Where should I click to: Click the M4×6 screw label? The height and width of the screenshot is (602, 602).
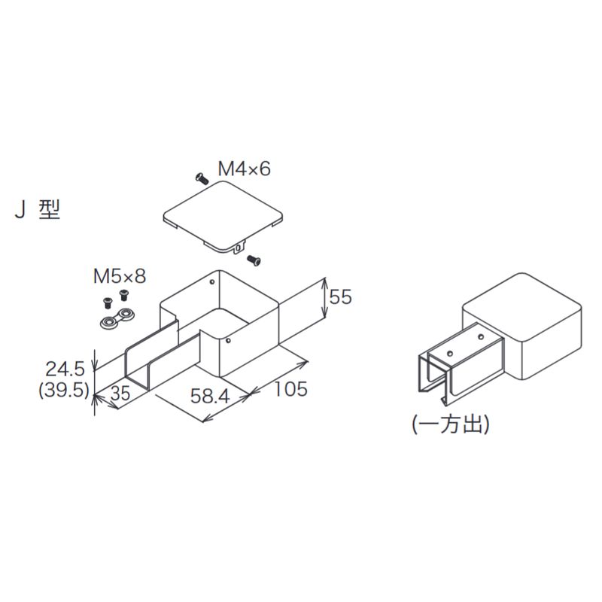pos(244,169)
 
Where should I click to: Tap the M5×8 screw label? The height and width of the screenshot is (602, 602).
pos(120,276)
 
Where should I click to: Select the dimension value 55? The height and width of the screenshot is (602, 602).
pos(340,296)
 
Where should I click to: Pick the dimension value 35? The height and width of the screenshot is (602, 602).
pos(120,391)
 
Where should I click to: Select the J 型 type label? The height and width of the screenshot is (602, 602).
pos(38,210)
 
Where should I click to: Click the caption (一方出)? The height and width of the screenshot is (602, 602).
pos(451,425)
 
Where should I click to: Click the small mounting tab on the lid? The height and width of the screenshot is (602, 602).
pos(239,245)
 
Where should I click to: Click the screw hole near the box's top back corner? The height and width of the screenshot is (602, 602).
pos(214,282)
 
